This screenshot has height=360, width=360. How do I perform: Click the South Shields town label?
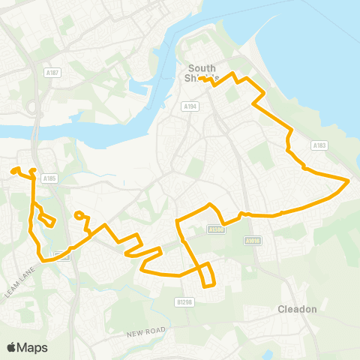[x=202, y=73]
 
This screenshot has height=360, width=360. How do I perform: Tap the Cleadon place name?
[x=298, y=309]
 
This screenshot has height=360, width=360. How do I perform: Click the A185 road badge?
[x=49, y=178]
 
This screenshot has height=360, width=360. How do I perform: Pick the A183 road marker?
[x=320, y=145]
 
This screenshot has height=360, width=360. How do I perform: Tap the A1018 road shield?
[x=252, y=241]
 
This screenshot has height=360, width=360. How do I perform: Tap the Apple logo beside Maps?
[x=13, y=347]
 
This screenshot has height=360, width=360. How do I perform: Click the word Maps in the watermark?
[x=33, y=347]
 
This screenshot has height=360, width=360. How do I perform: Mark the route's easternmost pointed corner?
[x=349, y=181]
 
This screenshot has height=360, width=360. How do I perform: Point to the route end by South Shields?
[x=199, y=79]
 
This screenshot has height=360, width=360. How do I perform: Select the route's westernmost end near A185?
[x=13, y=171]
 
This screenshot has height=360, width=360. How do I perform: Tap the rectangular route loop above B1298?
[x=208, y=274]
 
